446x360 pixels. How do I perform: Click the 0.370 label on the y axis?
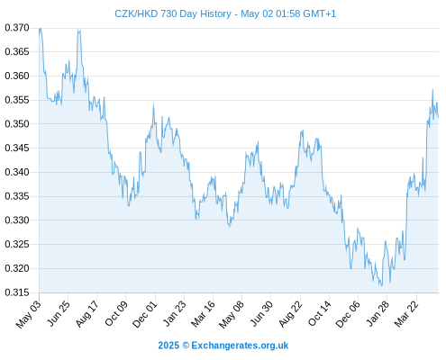[17, 28]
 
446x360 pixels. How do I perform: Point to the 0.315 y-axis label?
[17, 292]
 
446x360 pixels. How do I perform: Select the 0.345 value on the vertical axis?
[17, 148]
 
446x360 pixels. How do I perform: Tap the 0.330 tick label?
[17, 220]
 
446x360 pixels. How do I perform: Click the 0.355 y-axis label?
[17, 100]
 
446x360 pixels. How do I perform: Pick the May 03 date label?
[28, 314]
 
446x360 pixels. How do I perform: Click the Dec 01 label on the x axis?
[145, 314]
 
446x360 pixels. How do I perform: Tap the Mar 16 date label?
[203, 314]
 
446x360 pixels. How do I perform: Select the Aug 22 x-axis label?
[290, 314]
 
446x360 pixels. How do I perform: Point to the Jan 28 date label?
[378, 314]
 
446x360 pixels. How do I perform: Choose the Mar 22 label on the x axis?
[406, 314]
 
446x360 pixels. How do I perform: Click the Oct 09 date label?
[116, 314]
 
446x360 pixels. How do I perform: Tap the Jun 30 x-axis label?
[261, 314]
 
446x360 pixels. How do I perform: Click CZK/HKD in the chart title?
[136, 13]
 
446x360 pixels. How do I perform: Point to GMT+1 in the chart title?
[320, 13]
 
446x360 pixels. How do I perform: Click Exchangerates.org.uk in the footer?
[240, 346]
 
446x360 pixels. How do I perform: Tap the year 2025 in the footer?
[168, 346]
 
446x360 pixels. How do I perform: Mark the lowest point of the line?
[382, 285]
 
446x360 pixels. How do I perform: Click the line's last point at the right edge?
[438, 117]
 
